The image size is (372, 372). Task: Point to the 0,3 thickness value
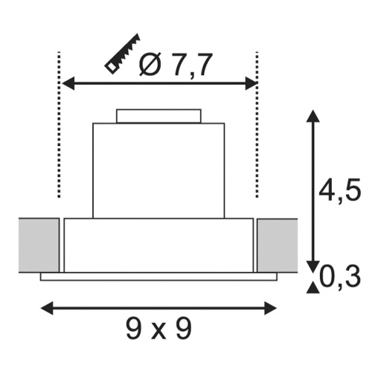(x=341, y=278)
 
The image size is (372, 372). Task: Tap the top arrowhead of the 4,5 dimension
(x=311, y=117)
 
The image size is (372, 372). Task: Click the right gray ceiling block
(x=277, y=245)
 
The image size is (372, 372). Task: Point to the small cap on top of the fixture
(x=158, y=115)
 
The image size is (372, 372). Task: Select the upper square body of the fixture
(x=158, y=169)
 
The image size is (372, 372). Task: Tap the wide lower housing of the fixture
(x=158, y=246)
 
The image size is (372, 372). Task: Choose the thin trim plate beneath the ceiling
(x=158, y=277)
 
